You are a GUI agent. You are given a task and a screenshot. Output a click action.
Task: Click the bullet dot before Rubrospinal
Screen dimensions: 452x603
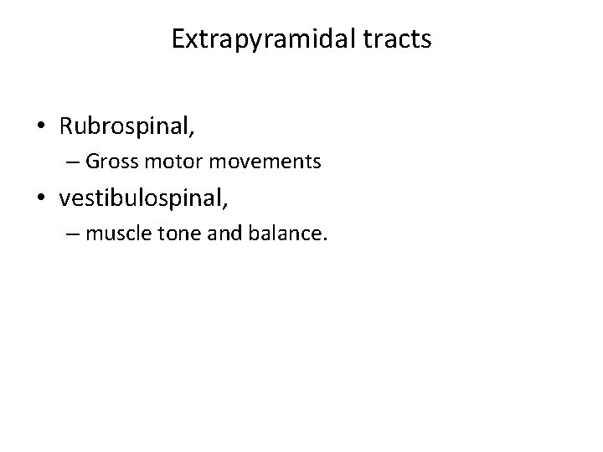(x=42, y=126)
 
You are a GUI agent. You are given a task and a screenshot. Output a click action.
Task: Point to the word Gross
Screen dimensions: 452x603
(x=128, y=161)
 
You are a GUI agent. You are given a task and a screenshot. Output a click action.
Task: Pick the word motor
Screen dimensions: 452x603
(x=184, y=161)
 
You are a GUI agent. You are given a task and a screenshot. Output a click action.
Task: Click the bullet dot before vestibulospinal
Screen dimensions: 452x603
(x=42, y=199)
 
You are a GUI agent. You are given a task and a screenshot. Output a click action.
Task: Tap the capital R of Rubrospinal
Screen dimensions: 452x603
(x=66, y=126)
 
